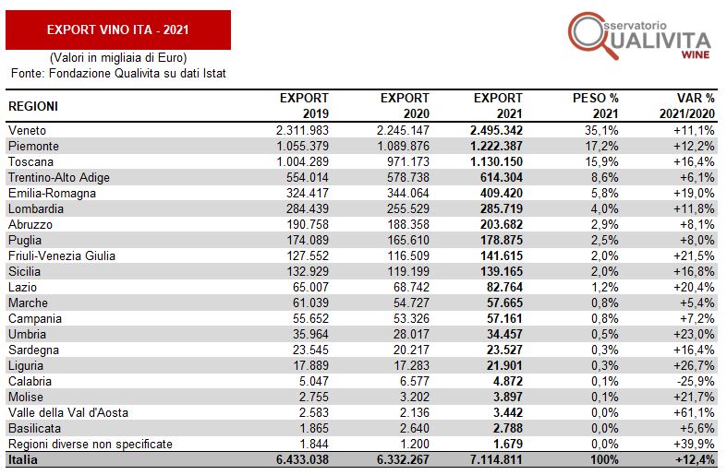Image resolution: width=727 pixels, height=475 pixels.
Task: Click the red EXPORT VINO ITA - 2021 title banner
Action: pyautogui.click(x=117, y=30)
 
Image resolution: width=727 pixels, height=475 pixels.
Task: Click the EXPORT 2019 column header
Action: pyautogui.click(x=304, y=105)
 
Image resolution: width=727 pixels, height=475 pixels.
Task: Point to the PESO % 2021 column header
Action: pyautogui.click(x=595, y=105)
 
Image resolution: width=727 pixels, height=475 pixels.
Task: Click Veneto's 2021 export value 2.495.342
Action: pyautogui.click(x=491, y=130)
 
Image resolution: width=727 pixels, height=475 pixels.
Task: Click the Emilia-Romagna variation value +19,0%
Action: pyautogui.click(x=694, y=194)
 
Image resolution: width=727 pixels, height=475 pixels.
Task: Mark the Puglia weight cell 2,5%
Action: pyautogui.click(x=603, y=240)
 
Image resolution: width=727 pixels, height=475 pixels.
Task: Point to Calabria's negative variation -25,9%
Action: pyautogui.click(x=696, y=381)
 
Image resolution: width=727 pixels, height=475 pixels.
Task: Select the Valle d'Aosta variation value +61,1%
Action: pyautogui.click(x=694, y=412)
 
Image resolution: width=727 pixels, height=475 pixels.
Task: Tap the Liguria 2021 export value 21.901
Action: pyautogui.click(x=502, y=365)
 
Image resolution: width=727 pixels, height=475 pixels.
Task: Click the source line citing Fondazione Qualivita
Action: pyautogui.click(x=117, y=73)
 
